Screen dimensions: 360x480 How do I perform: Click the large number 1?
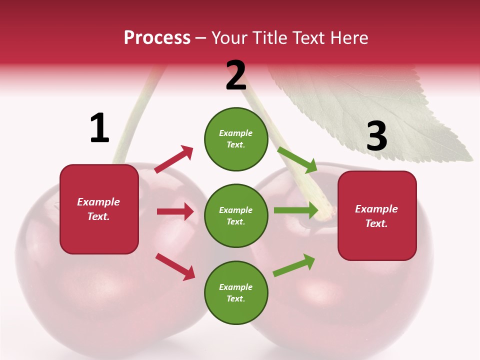point(99,128)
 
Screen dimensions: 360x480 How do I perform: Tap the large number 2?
point(236,75)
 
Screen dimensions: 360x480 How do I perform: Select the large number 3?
point(377,136)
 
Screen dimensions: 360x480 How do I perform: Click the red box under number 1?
point(99,209)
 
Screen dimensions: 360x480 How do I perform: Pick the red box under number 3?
point(377,215)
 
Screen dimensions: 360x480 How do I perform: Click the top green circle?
point(236,139)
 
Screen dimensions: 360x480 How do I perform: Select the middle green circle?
point(236,215)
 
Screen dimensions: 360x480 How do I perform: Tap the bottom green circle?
point(236,292)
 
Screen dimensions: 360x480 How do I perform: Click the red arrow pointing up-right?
point(174,159)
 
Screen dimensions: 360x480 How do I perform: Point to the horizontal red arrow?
point(175,211)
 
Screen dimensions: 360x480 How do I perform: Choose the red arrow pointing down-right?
point(175,266)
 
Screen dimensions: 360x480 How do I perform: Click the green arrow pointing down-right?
point(297,159)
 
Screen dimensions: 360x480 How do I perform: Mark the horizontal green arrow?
point(296,210)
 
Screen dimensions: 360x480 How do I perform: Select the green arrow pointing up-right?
point(294,265)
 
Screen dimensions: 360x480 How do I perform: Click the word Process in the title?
point(157,37)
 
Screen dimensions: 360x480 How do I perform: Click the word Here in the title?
point(350,37)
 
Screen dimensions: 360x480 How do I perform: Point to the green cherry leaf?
point(380,110)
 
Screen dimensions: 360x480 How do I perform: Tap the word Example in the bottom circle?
point(236,287)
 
